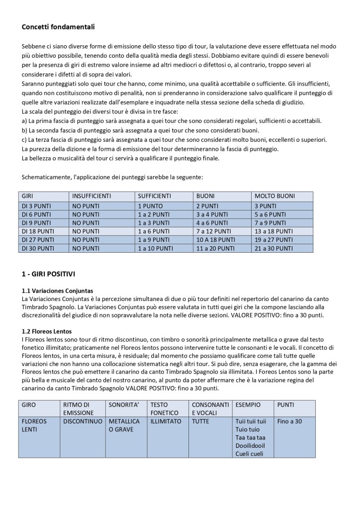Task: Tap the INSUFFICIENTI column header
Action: point(91,197)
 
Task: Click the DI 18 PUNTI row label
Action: point(38,231)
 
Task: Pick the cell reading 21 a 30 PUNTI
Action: point(274,248)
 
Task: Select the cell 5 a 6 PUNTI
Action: point(271,214)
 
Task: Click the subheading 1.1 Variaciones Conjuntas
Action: point(58,291)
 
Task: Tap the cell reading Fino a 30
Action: point(289,421)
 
